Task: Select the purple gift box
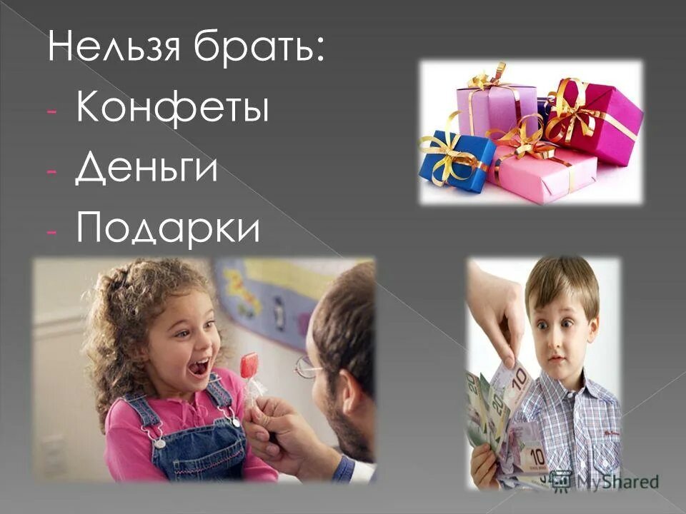[x=496, y=107]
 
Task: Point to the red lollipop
[x=249, y=366]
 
